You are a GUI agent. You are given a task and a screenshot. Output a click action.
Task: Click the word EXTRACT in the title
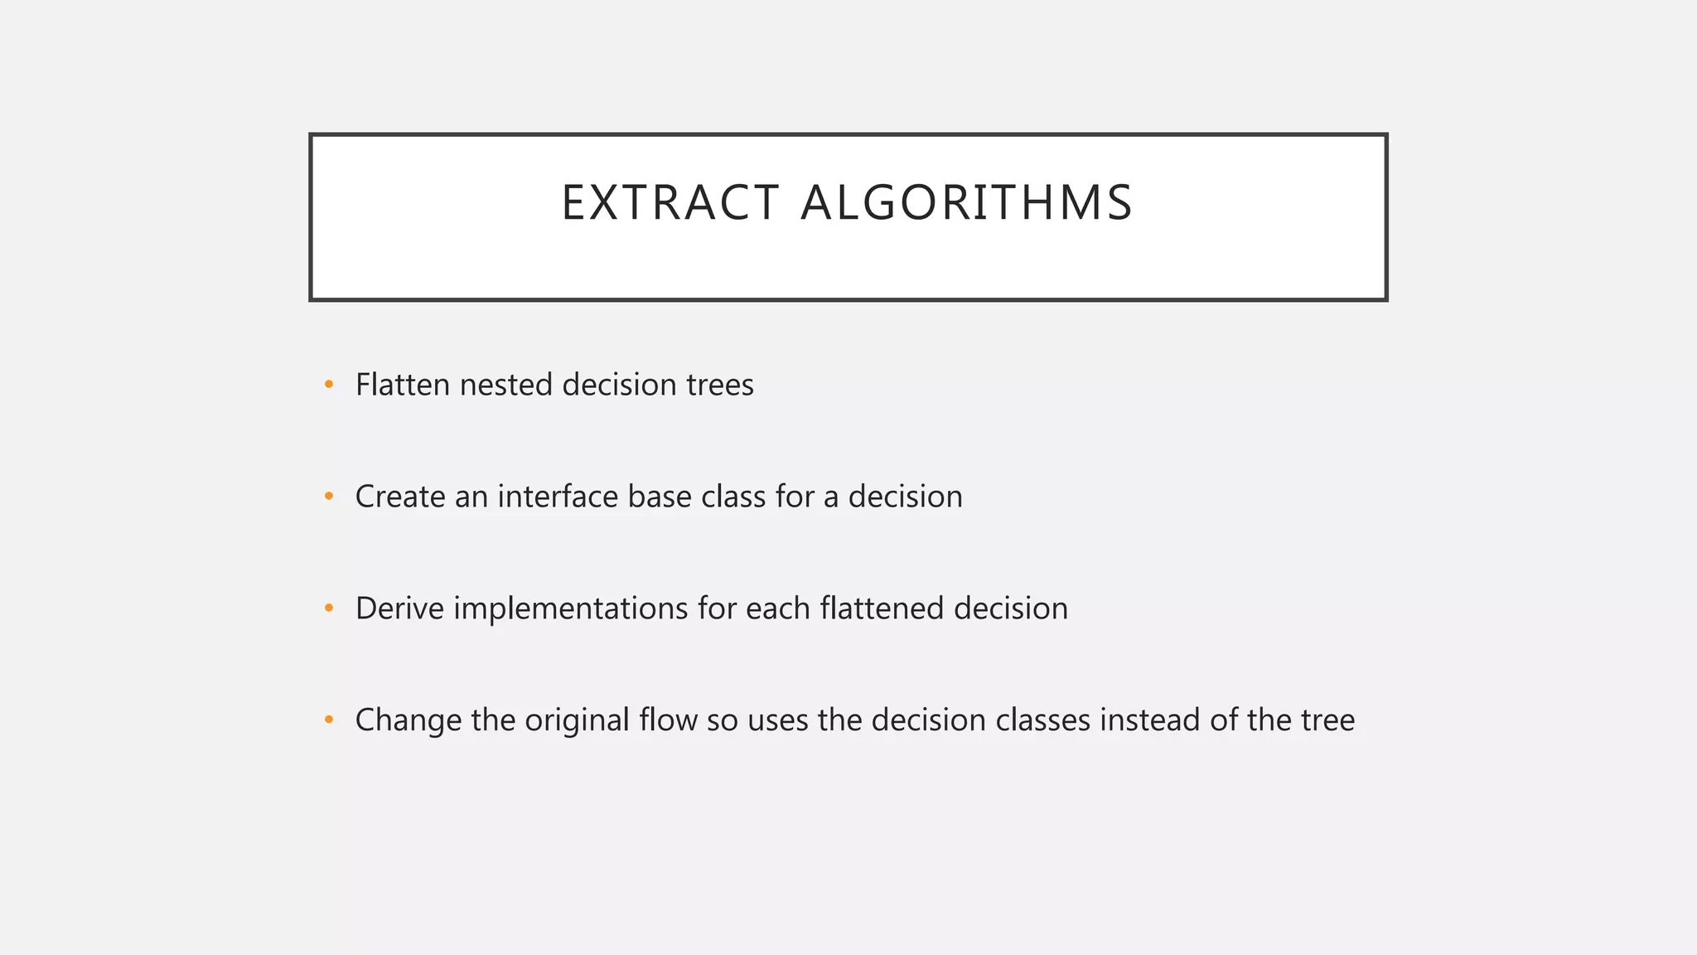click(670, 203)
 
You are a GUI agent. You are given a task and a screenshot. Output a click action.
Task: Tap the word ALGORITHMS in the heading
click(966, 203)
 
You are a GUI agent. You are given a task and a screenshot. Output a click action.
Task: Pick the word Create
click(400, 497)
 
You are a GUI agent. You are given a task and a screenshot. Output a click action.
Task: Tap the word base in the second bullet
click(660, 497)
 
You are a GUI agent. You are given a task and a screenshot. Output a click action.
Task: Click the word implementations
click(571, 608)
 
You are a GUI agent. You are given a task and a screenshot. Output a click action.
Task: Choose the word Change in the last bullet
click(408, 720)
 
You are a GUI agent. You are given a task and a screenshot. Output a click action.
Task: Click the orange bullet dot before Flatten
click(329, 385)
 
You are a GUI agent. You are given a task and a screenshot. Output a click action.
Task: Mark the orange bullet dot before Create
click(329, 497)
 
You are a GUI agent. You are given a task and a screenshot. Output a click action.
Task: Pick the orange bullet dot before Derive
click(329, 608)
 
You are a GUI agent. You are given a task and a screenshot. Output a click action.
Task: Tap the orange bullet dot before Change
click(329, 720)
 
